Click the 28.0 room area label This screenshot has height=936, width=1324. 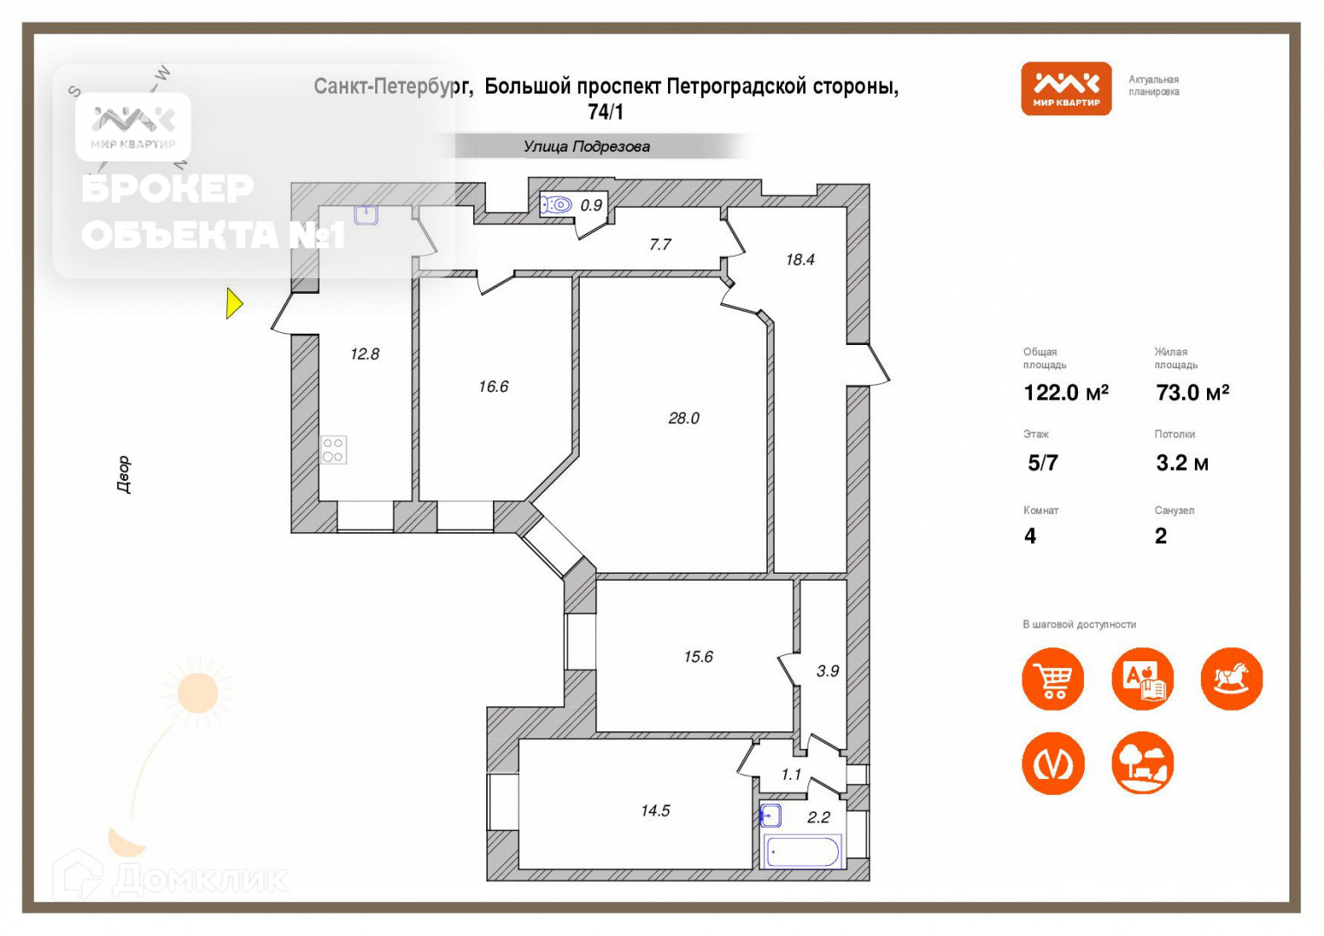tap(684, 419)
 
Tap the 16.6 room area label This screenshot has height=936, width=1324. tap(493, 387)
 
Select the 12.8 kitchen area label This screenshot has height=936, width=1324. tap(365, 354)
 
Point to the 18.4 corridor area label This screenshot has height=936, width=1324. tap(800, 259)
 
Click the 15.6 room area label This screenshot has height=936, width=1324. tap(698, 657)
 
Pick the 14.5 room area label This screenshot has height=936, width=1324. tap(655, 811)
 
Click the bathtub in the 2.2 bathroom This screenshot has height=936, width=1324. tap(802, 852)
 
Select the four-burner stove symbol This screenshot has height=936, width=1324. tap(334, 450)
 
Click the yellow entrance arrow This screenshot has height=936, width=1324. tap(234, 303)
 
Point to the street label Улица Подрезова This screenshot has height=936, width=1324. tap(587, 146)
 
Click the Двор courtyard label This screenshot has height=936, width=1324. tap(124, 474)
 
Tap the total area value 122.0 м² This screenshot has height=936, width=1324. tap(1066, 393)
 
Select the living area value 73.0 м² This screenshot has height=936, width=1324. tap(1192, 393)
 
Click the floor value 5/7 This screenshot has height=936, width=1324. tap(1042, 463)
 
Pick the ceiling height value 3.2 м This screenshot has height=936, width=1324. tap(1182, 463)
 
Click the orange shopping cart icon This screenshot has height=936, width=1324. tap(1053, 679)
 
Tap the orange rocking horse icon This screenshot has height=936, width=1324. tap(1231, 679)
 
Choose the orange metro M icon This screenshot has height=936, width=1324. tap(1053, 764)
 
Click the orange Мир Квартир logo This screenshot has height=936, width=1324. tap(1066, 88)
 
